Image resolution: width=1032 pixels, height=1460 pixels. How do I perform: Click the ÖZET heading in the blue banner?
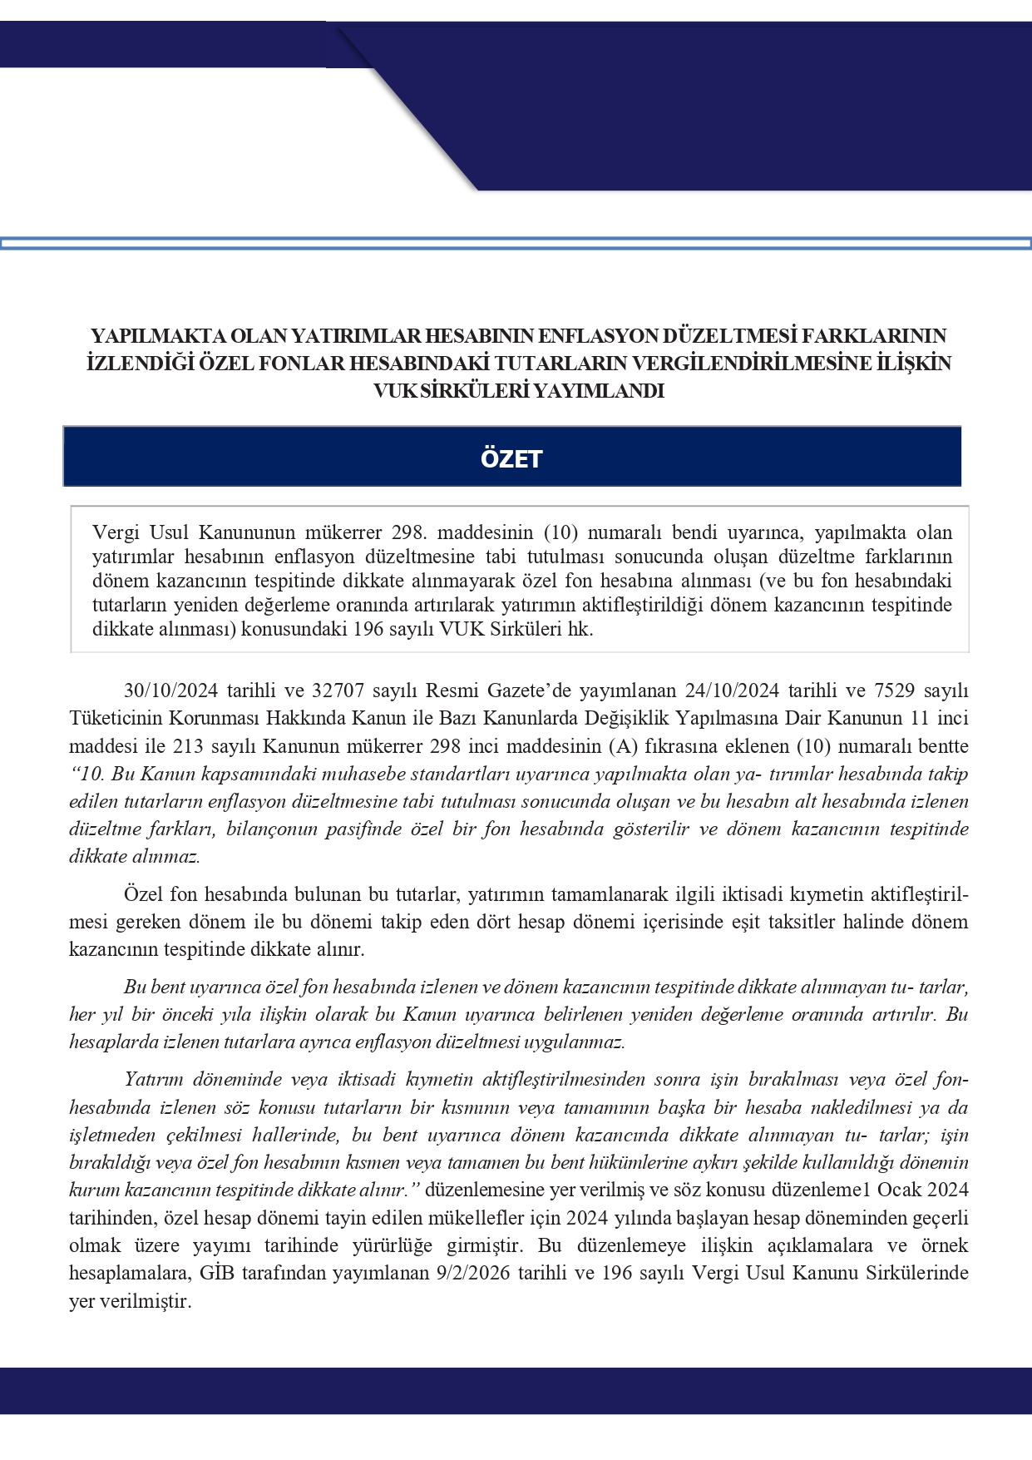(x=511, y=458)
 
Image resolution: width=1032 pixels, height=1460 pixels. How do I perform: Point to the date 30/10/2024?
(x=170, y=690)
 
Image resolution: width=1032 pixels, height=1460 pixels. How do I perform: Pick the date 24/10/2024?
(x=732, y=690)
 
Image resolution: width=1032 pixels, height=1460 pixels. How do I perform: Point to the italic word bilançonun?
(x=274, y=829)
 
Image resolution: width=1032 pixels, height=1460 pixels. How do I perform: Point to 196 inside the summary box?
(x=369, y=629)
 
